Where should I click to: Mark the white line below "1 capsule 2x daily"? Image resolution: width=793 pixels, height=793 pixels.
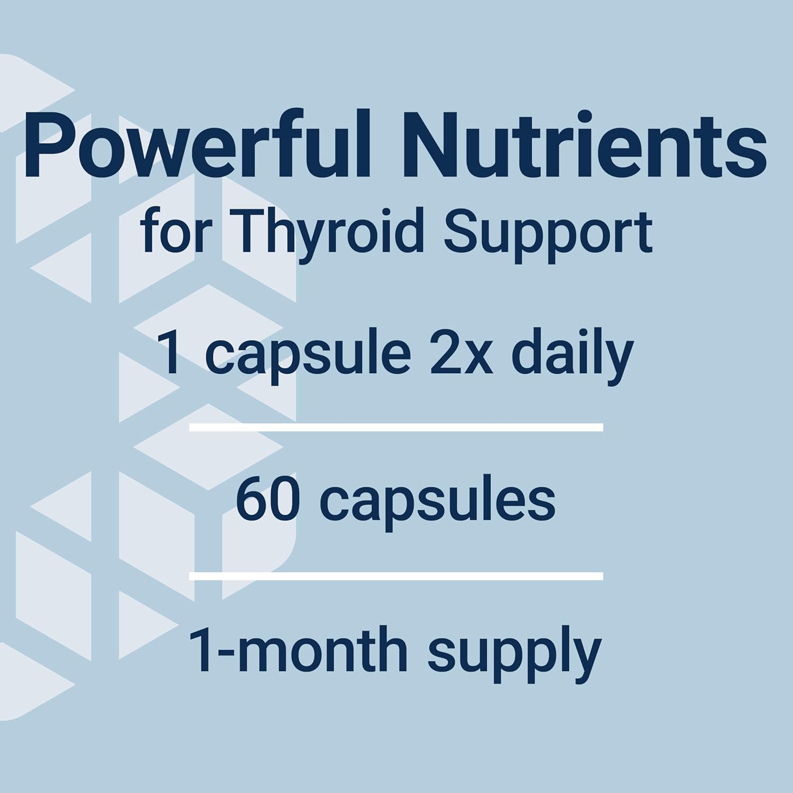[x=396, y=427]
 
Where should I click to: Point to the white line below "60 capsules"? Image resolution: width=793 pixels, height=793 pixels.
[x=396, y=576]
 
